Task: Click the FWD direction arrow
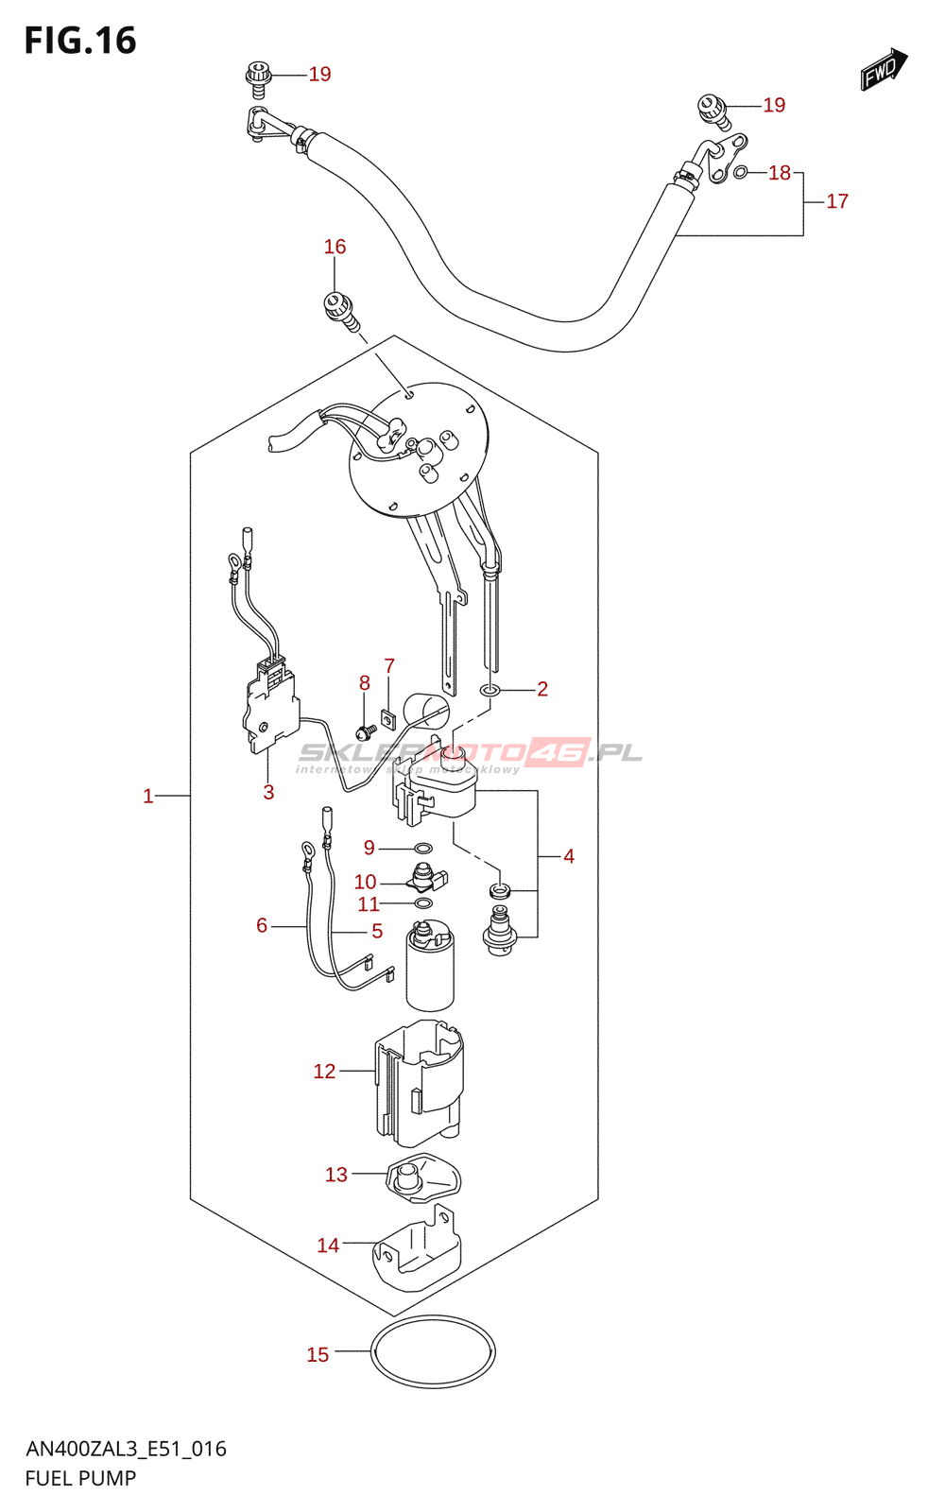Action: (884, 69)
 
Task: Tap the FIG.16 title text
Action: (80, 41)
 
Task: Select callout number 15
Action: (318, 1354)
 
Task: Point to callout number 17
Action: (837, 201)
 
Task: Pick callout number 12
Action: (324, 1071)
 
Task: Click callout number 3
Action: (268, 792)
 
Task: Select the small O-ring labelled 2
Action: (489, 690)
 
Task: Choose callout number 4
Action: (569, 856)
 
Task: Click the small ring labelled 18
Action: (742, 172)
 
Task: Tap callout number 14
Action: (328, 1246)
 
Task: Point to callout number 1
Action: (147, 796)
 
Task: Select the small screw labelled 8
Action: (361, 731)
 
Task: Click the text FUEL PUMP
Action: (80, 1478)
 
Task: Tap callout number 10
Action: (365, 882)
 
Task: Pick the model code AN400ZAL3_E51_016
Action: (126, 1449)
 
